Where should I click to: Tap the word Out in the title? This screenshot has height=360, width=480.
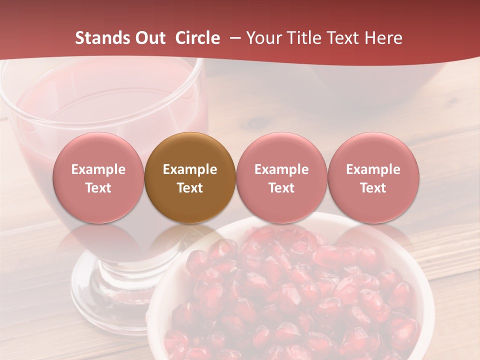150,38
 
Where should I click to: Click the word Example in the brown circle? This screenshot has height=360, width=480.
190,169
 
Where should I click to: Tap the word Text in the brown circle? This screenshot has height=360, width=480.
190,188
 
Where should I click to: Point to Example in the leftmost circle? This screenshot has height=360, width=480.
98,169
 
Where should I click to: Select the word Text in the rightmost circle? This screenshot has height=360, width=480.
373,188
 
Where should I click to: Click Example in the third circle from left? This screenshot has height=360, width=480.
281,169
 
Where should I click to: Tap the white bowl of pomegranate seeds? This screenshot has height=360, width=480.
290,295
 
